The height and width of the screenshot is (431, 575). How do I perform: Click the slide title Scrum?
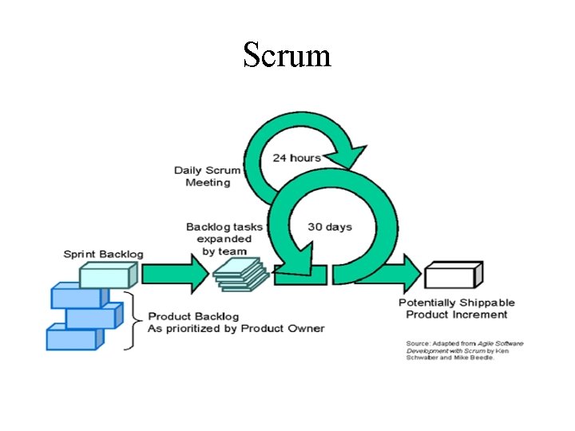click(287, 55)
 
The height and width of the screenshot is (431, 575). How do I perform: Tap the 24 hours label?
click(297, 157)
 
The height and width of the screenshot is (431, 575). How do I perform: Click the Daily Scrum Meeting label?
click(208, 176)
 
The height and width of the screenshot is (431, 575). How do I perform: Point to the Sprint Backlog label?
click(104, 254)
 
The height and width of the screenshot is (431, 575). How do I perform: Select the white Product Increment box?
click(454, 275)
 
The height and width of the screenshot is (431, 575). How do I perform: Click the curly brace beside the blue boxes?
click(133, 322)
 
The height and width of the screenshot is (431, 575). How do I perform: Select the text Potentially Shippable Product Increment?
click(457, 308)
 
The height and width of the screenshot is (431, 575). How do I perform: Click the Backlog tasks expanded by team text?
click(219, 239)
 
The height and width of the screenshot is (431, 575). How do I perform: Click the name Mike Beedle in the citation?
click(477, 358)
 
